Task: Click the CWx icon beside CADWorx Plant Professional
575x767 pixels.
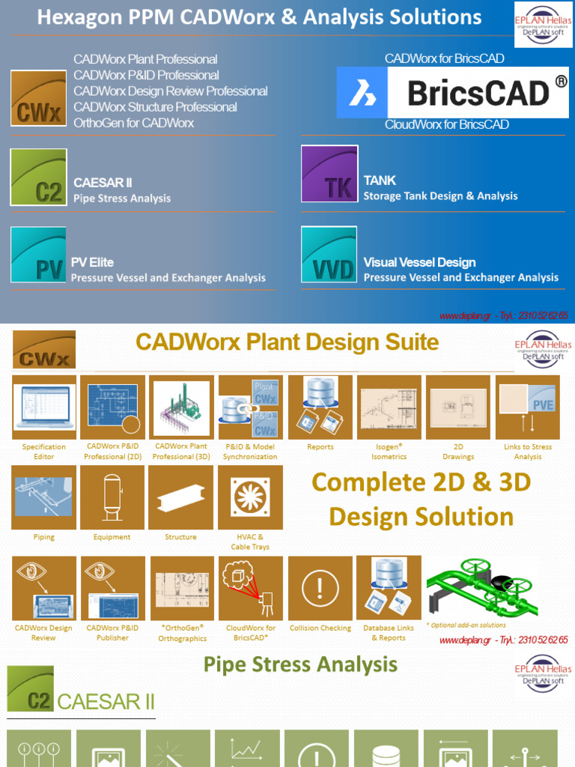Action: click(38, 98)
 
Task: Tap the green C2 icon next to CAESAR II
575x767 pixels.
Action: click(38, 178)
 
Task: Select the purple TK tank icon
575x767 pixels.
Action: click(329, 174)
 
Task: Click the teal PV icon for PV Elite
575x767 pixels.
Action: click(38, 255)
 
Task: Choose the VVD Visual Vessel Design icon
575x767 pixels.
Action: click(329, 255)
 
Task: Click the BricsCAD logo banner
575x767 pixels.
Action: click(452, 93)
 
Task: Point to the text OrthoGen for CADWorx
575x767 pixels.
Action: click(133, 123)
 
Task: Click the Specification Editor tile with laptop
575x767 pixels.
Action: click(44, 407)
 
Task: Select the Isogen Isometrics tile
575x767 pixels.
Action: click(389, 407)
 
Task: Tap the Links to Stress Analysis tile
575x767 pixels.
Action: click(527, 407)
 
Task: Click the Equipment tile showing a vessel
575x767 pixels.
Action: click(112, 497)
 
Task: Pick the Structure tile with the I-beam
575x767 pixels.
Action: click(180, 497)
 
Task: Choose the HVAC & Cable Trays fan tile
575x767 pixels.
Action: click(250, 497)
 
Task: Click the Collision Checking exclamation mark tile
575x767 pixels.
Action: click(320, 588)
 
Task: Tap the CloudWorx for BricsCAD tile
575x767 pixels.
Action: click(250, 588)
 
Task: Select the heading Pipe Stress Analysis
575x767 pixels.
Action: click(300, 664)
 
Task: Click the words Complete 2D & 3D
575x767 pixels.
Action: click(421, 482)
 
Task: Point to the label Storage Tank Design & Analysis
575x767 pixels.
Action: click(440, 196)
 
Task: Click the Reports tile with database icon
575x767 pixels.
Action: click(320, 407)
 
